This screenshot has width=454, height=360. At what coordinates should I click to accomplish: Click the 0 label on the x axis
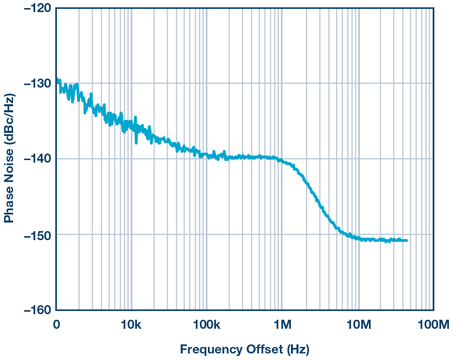(56, 325)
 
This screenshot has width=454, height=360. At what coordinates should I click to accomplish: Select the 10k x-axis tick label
(131, 325)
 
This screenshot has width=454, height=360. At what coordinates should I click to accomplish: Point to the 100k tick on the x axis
(206, 325)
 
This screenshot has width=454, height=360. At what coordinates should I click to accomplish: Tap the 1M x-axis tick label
(282, 325)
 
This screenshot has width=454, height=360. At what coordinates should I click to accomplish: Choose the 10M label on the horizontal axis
(358, 325)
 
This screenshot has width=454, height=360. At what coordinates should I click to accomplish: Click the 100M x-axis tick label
(433, 325)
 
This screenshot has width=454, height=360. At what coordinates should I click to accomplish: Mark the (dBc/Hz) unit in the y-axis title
(9, 120)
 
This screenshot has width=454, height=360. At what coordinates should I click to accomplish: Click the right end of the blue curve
(406, 241)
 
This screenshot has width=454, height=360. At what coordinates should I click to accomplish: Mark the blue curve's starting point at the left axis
(57, 79)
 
